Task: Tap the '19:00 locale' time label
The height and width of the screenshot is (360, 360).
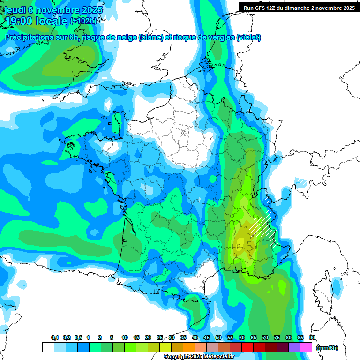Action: (36, 21)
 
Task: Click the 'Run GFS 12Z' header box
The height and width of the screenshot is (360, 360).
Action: (297, 8)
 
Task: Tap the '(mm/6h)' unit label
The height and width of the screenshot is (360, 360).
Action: (327, 348)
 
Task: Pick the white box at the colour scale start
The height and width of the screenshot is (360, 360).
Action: (48, 347)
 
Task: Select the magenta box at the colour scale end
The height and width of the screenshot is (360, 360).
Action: (306, 347)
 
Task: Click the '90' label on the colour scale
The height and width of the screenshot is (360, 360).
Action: (312, 337)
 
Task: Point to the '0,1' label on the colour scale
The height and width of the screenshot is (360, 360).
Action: (55, 337)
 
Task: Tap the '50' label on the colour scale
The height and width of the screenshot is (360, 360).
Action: (218, 337)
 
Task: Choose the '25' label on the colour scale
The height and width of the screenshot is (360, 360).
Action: (160, 337)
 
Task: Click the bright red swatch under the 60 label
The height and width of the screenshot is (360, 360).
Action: (247, 347)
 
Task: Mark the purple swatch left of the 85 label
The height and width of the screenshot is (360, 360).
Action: (294, 347)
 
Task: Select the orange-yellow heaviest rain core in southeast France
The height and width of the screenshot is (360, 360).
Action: (241, 237)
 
